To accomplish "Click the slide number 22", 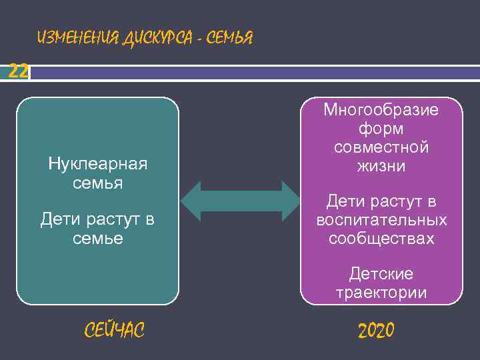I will point(18,71).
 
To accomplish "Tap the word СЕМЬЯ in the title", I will point(229,38).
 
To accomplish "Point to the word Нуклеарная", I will point(98,164).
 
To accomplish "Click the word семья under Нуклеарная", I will point(98,183).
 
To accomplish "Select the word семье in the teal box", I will point(98,237).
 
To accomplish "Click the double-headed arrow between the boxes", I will point(241,201).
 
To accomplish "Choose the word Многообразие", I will point(381,110).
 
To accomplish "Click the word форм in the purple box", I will point(381,129).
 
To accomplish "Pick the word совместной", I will point(381,147).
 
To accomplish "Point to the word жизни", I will point(381,166).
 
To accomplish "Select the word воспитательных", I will point(381,220).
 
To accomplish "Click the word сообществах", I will point(381,238).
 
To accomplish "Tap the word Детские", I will point(381,274).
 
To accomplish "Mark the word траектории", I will point(381,293).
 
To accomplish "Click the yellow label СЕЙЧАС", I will point(115,329).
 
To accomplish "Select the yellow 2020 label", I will point(376,330).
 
